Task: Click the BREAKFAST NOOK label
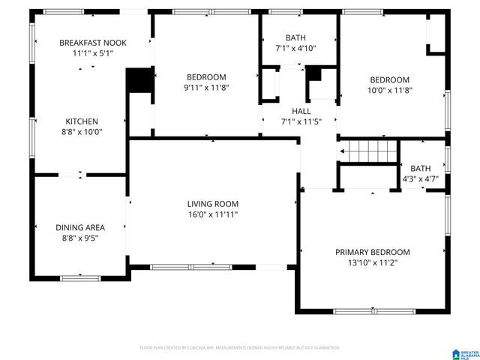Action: pyautogui.click(x=94, y=43)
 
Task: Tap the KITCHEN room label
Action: pyautogui.click(x=82, y=121)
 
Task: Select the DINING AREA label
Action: pyautogui.click(x=80, y=227)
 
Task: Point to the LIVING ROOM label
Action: pyautogui.click(x=213, y=204)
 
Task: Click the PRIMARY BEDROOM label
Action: pyautogui.click(x=373, y=252)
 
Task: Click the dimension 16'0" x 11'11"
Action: pyautogui.click(x=213, y=214)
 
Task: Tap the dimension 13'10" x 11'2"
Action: pyautogui.click(x=373, y=263)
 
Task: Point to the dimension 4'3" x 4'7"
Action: pyautogui.click(x=421, y=179)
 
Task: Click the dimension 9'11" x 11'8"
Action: pyautogui.click(x=206, y=88)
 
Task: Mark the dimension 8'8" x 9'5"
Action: pyautogui.click(x=80, y=238)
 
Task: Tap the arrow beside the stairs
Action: pyautogui.click(x=343, y=151)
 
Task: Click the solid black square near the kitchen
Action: pyautogui.click(x=139, y=81)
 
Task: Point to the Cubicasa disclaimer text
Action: pyautogui.click(x=240, y=348)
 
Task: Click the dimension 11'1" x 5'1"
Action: pyautogui.click(x=94, y=53)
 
